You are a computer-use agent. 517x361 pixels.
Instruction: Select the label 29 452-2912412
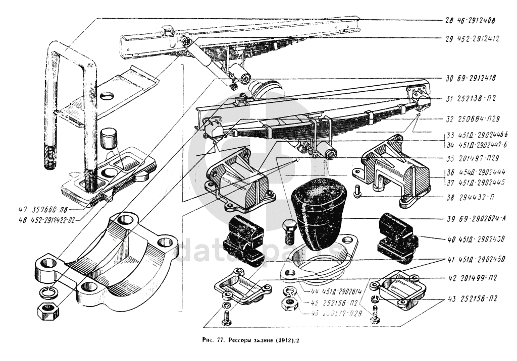point(472,38)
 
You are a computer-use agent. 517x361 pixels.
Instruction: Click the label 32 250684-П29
point(473,119)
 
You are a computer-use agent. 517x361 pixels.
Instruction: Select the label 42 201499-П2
point(472,278)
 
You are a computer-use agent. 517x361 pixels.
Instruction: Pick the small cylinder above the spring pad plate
point(110,137)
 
